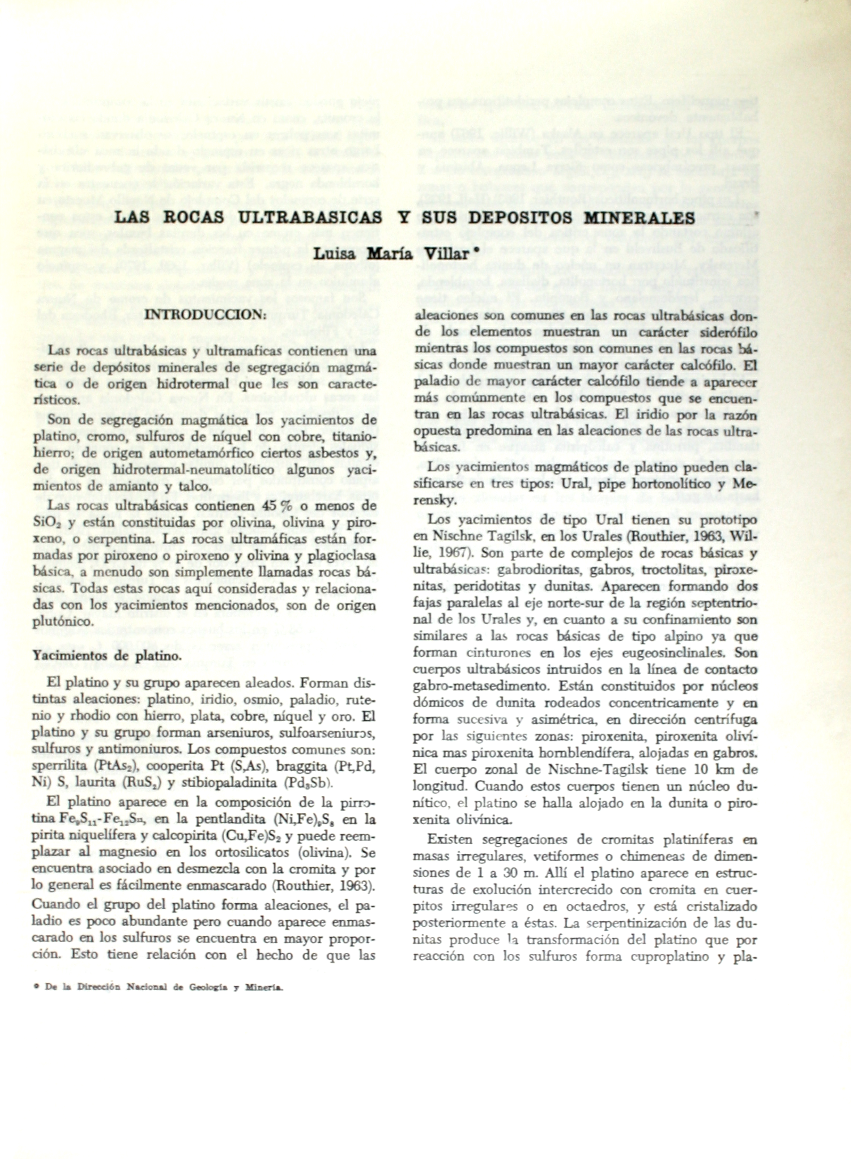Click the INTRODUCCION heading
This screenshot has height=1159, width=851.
point(205,314)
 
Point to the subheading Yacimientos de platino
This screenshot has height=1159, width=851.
point(107,655)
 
